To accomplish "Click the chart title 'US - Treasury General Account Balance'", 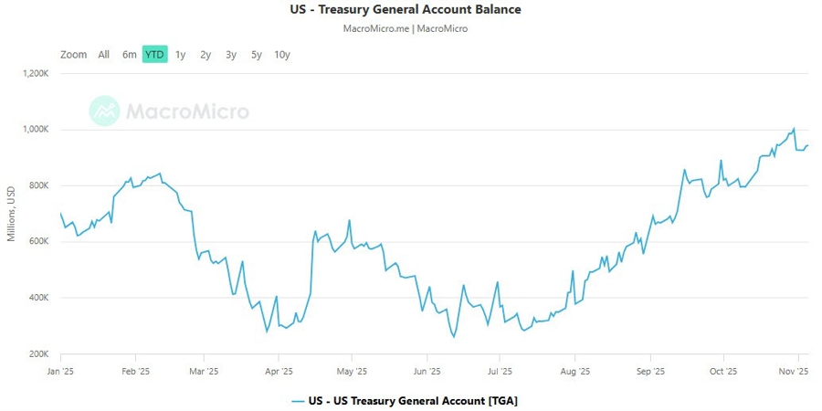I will pos(405,10).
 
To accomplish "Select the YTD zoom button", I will pos(155,55).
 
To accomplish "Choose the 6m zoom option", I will pos(130,55).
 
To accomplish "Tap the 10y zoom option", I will pos(282,55).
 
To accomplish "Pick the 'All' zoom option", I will pos(104,55).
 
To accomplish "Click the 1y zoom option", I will pos(181,55).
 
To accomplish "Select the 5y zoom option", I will pos(257,55).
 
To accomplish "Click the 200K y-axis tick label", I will pos(37,353).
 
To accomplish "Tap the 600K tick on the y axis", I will pos(37,242).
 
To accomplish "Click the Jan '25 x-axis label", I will pos(60,372).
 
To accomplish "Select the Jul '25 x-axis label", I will pos(500,372).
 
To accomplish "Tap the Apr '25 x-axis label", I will pos(279,372).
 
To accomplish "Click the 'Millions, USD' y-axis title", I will pos(11,214).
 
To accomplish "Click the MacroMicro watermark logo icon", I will pos(104,111).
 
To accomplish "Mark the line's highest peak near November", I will pos(794,129).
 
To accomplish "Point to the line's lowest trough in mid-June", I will pos(454,337).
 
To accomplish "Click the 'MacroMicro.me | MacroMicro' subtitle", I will pos(405,28).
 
